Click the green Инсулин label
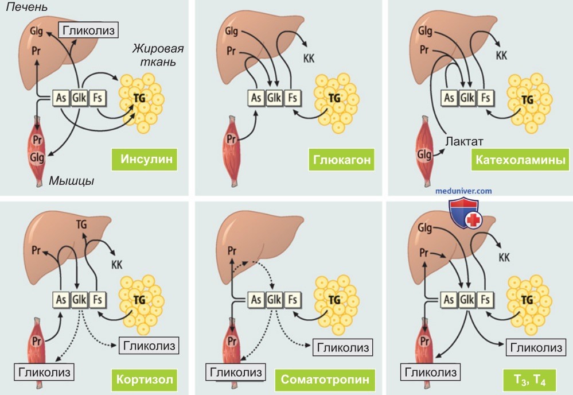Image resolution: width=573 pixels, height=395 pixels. click(x=145, y=160)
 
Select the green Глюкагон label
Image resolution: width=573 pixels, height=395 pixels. click(x=341, y=160)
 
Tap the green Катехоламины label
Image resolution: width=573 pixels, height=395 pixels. click(x=520, y=160)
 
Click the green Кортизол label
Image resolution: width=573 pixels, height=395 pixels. click(x=145, y=379)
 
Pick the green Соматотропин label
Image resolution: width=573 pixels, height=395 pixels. click(x=325, y=379)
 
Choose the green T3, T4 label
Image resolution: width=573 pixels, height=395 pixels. click(x=529, y=380)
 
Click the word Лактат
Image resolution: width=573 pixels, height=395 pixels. click(x=464, y=141)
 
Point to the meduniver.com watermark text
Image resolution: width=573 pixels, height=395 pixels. click(x=463, y=191)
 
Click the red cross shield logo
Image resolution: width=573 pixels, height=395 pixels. click(x=464, y=213)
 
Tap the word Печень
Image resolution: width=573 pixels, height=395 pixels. click(x=27, y=7)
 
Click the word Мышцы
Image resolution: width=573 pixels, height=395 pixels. click(x=72, y=181)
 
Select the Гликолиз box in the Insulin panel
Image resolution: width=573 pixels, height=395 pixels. click(x=89, y=30)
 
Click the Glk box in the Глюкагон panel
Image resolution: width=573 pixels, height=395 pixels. click(x=274, y=98)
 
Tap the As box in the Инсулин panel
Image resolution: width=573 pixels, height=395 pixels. click(x=61, y=98)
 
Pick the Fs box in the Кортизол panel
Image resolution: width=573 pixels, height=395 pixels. click(x=98, y=300)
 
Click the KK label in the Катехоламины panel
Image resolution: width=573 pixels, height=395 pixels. click(x=501, y=56)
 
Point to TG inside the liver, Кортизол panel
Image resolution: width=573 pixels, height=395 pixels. click(x=81, y=224)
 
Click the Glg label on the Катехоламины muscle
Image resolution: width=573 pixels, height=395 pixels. click(x=424, y=155)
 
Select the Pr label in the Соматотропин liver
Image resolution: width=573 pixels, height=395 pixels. click(x=232, y=251)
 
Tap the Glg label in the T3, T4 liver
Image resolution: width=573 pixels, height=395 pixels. click(x=424, y=229)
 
